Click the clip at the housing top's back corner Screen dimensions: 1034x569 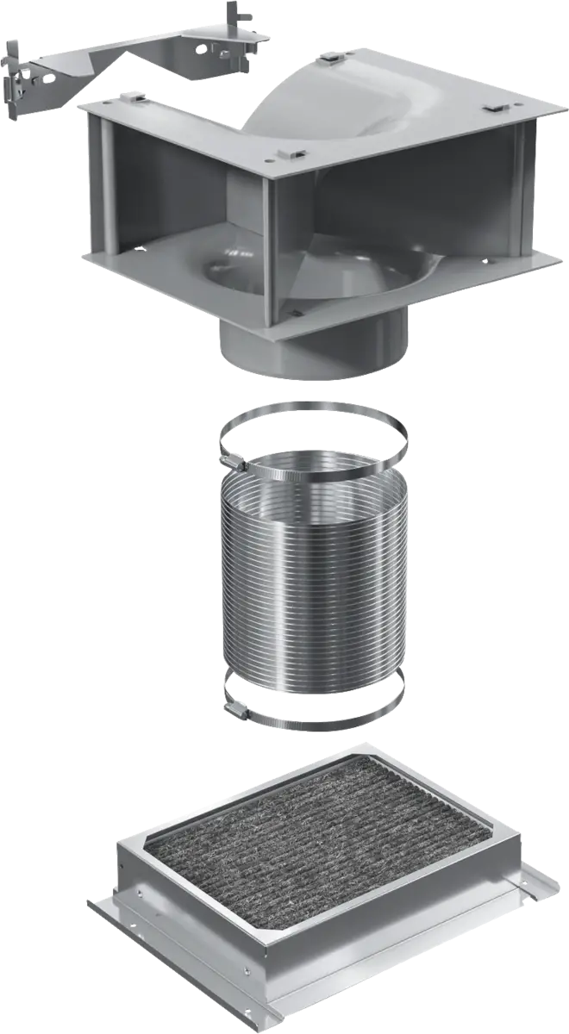point(331,61)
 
